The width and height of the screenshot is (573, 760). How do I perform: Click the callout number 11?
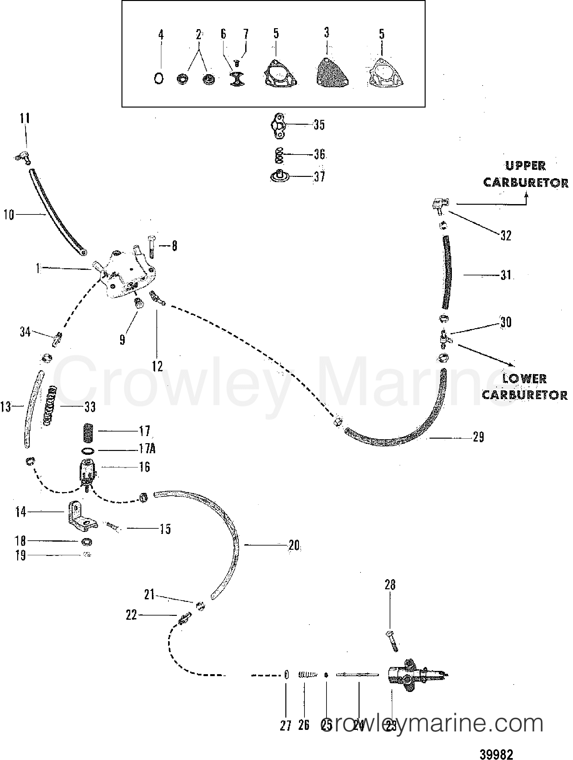click(24, 119)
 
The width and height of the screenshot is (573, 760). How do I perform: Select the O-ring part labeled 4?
click(158, 79)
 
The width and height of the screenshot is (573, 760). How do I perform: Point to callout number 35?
click(319, 125)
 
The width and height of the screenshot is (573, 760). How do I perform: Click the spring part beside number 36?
click(279, 155)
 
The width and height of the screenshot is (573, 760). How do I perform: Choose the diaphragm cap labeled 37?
click(279, 177)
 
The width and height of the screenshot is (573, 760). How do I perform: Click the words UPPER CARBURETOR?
click(525, 174)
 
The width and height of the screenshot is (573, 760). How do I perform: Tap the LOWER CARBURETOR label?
click(524, 387)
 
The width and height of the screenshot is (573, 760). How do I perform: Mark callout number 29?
click(478, 437)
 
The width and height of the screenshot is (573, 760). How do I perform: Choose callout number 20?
click(294, 545)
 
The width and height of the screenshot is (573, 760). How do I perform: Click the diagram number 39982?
click(496, 754)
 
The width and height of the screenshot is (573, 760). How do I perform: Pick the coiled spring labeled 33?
click(50, 407)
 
